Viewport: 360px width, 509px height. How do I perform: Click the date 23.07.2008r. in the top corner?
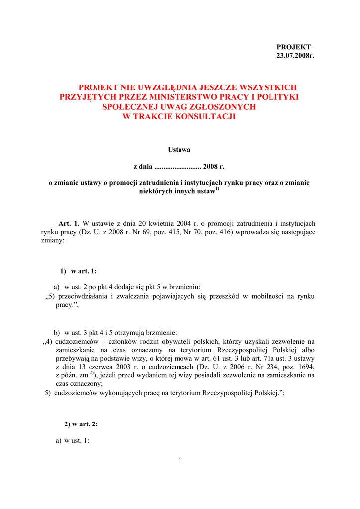[296, 56]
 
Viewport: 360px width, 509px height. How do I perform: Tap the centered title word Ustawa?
[180, 150]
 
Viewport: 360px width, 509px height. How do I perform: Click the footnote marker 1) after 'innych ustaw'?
[217, 189]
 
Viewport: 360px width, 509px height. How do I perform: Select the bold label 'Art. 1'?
[69, 223]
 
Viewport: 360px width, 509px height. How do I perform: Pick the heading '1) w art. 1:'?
[78, 271]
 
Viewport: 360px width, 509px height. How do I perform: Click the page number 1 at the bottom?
[180, 461]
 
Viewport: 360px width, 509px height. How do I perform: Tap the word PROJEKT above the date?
[294, 47]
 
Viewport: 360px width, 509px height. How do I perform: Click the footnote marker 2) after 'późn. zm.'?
[92, 373]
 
